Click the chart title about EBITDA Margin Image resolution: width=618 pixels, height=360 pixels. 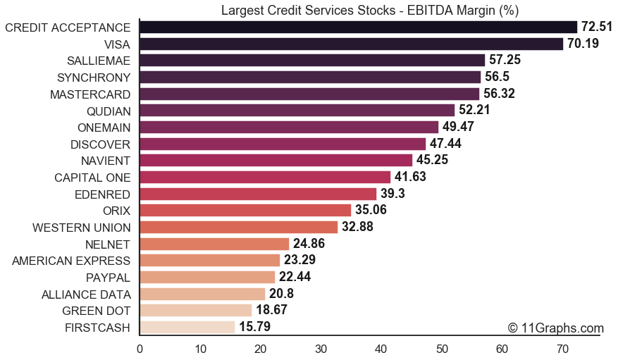370,10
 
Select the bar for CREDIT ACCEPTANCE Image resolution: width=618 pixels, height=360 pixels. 358,27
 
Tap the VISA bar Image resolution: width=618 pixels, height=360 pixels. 351,44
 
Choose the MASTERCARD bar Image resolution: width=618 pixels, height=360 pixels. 309,94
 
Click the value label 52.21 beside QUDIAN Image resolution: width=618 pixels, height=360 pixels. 474,110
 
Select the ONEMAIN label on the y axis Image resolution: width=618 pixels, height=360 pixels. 104,127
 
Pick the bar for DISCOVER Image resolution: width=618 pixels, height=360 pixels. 283,144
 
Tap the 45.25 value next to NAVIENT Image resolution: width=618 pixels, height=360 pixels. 432,160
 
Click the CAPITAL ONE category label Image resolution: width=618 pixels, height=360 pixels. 92,177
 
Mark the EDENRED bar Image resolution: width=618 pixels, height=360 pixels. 258,194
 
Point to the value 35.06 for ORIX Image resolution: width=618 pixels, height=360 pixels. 371,210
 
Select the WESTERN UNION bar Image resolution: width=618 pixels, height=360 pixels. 239,227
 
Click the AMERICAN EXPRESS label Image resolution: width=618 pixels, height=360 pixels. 71,261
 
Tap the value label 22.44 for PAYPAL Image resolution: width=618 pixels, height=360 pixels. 295,277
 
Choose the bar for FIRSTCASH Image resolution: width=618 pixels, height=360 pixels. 187,327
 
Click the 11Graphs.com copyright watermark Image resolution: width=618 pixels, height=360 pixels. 555,328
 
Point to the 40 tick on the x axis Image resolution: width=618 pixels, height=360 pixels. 381,348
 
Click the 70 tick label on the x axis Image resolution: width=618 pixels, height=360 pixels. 562,348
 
